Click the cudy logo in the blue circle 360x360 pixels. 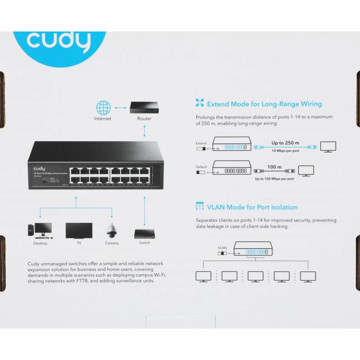click(58, 41)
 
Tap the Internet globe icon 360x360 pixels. click(103, 108)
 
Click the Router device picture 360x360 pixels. click(144, 107)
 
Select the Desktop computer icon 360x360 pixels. click(40, 230)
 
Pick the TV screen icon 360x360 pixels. click(79, 230)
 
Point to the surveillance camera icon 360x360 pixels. click(112, 230)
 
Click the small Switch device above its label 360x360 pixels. click(144, 234)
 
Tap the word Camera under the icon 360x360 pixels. click(112, 243)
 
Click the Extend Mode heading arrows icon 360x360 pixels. click(200, 103)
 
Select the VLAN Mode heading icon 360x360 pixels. click(200, 207)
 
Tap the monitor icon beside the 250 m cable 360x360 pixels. click(328, 146)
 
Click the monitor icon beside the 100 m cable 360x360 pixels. click(306, 171)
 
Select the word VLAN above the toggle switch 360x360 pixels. click(223, 247)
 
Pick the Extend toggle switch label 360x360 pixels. click(201, 144)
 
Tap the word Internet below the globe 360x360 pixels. click(103, 119)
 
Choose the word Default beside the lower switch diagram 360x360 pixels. click(201, 167)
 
